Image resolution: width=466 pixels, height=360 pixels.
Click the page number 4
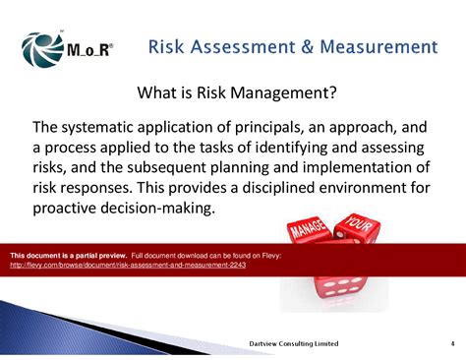point(437,343)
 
